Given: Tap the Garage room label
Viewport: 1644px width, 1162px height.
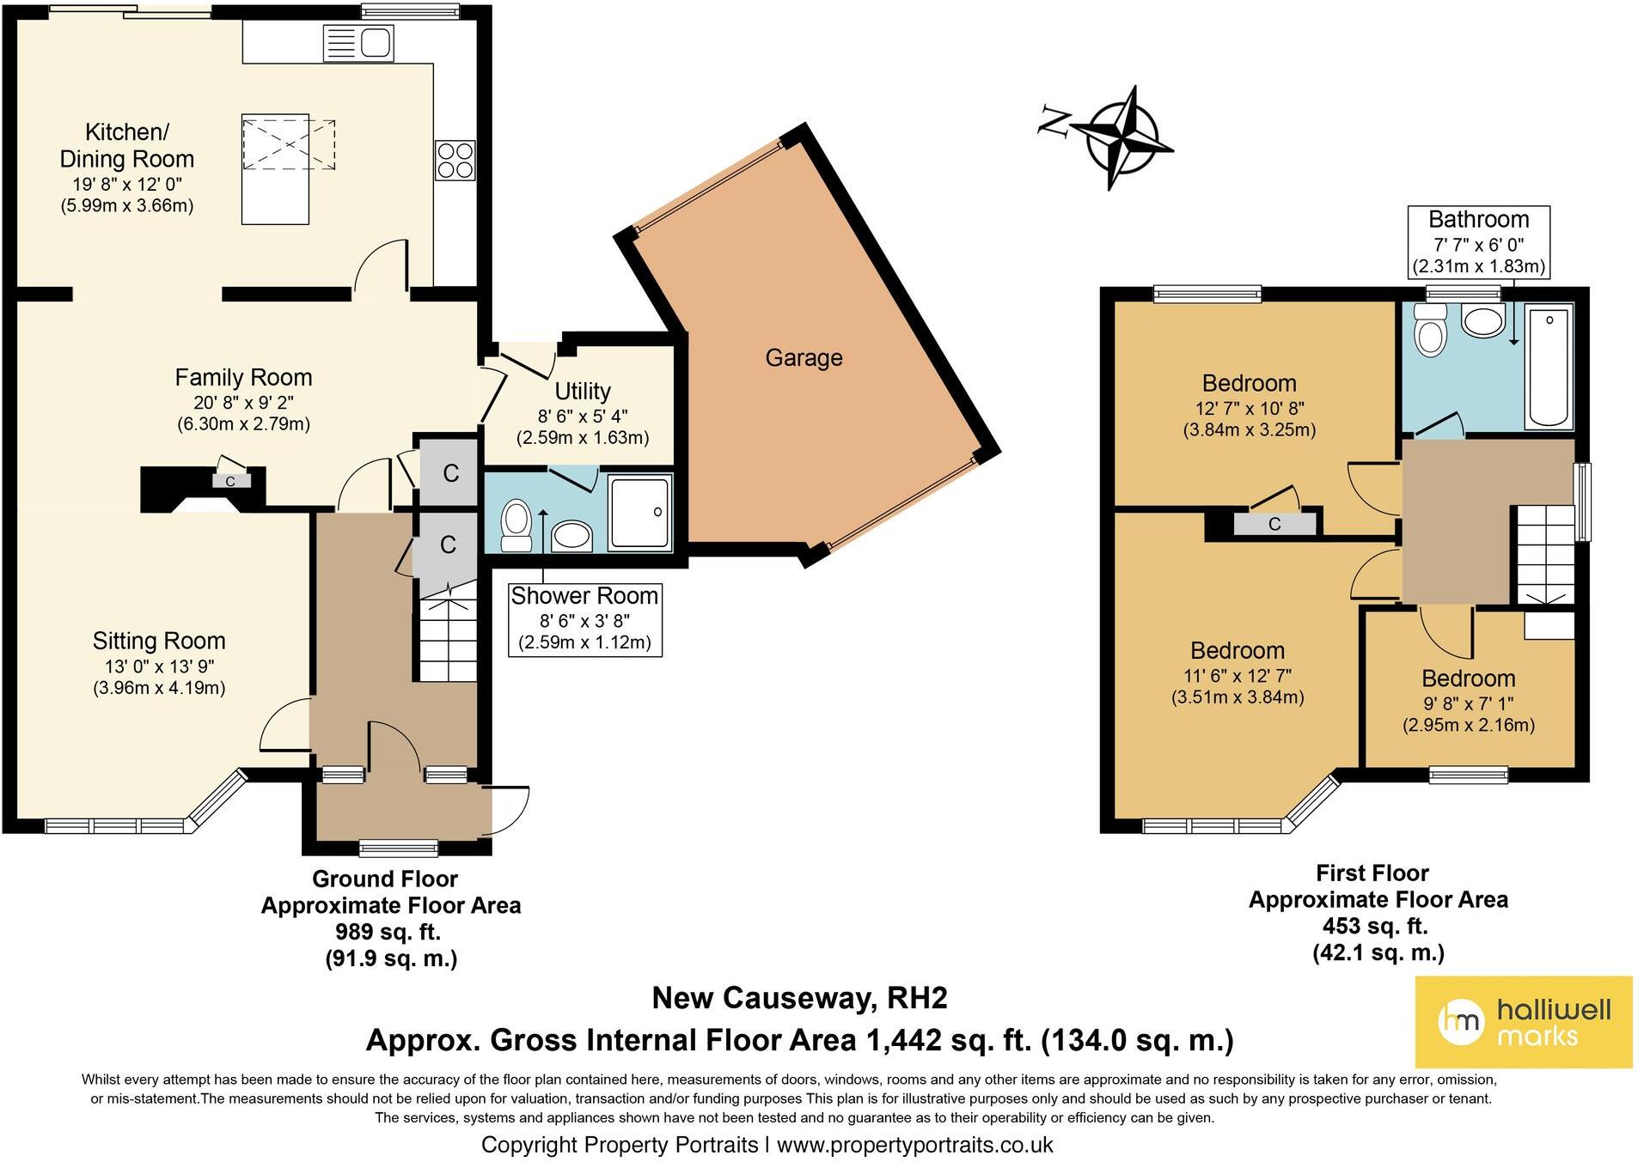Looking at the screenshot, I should [804, 358].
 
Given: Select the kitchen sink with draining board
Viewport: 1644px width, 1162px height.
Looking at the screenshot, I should [358, 43].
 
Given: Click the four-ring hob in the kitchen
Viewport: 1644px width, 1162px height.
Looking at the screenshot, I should [455, 161].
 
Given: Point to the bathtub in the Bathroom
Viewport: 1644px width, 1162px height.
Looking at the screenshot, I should [1549, 367].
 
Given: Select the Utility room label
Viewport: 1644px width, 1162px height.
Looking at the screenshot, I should [583, 392].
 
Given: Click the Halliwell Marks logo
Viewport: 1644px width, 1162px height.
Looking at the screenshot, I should [1523, 1022].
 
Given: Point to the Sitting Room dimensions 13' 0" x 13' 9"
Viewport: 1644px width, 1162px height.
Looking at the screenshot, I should [159, 666].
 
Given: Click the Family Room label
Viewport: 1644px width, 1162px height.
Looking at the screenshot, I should [243, 378].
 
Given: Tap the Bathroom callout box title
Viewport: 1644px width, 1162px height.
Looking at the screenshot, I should [1478, 220].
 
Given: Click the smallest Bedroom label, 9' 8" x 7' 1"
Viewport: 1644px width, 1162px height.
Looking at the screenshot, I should [1467, 678].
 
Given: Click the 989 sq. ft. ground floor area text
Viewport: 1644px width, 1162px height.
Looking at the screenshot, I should [388, 932].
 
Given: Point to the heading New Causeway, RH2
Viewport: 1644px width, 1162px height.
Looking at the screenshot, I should [799, 998].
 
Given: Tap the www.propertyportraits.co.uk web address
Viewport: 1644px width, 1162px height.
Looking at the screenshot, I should [914, 1145].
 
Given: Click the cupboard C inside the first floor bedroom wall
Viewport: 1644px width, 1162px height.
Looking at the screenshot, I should [1274, 524].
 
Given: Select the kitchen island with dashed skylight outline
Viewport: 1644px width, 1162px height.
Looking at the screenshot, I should [275, 169].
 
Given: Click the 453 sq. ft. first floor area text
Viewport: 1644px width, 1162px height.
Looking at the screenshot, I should [1375, 927].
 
